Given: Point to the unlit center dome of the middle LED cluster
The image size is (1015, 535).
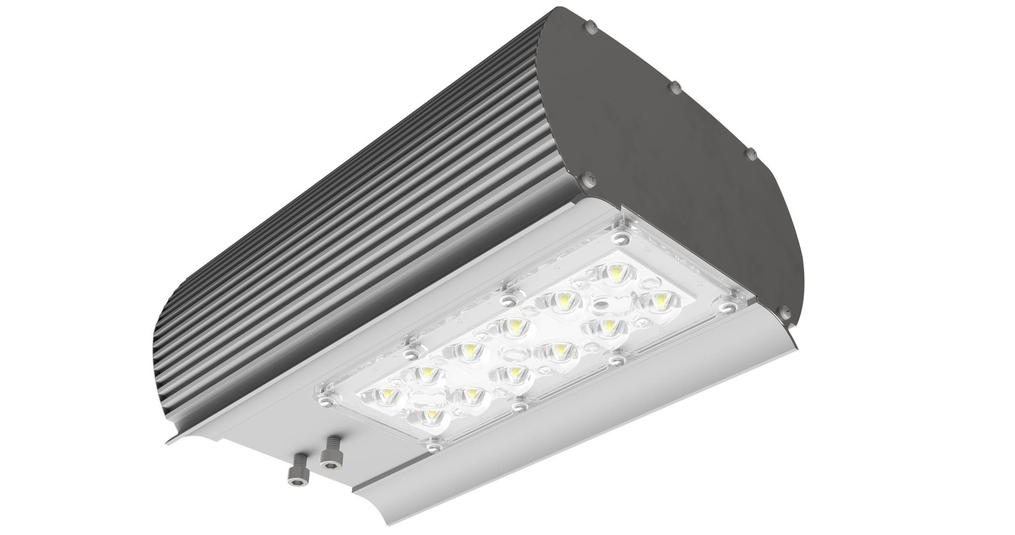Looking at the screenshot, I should pos(510,353).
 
